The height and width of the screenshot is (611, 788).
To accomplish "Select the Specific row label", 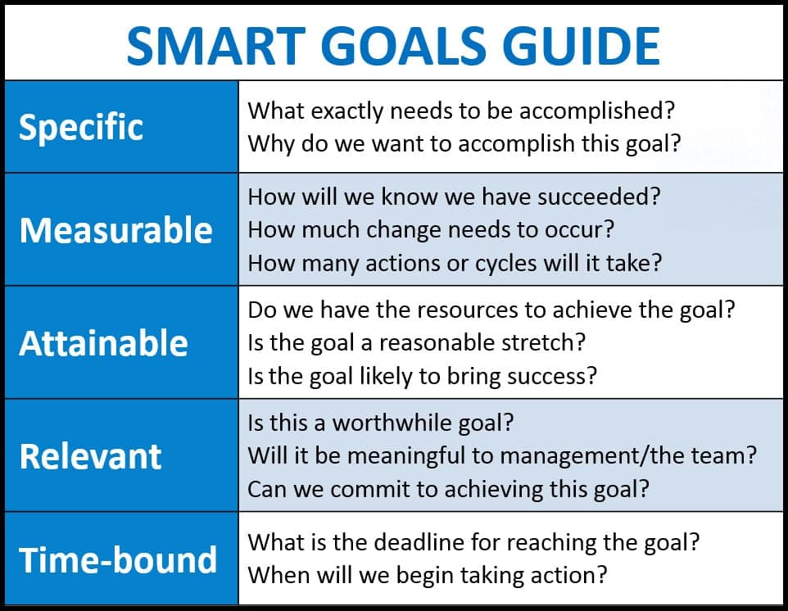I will click(81, 127).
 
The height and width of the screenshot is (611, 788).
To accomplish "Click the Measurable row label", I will click(115, 230).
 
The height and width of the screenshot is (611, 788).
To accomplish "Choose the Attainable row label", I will click(103, 342).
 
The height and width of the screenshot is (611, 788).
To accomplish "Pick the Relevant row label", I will click(90, 456).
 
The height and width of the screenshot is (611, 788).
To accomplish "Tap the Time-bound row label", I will click(118, 560).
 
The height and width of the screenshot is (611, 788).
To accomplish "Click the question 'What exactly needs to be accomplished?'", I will click(462, 111).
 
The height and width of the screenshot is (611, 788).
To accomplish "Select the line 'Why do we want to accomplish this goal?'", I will click(464, 143).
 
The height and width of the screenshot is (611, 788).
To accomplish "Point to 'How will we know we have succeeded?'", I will click(454, 197).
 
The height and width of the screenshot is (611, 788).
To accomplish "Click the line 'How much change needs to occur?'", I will click(430, 230).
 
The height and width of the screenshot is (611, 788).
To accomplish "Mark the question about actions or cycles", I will click(455, 263).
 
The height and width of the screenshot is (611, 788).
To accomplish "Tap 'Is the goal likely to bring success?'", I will click(423, 375).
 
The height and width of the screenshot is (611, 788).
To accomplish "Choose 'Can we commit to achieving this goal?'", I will click(448, 488).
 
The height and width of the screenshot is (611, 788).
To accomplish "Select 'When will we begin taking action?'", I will click(428, 574).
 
